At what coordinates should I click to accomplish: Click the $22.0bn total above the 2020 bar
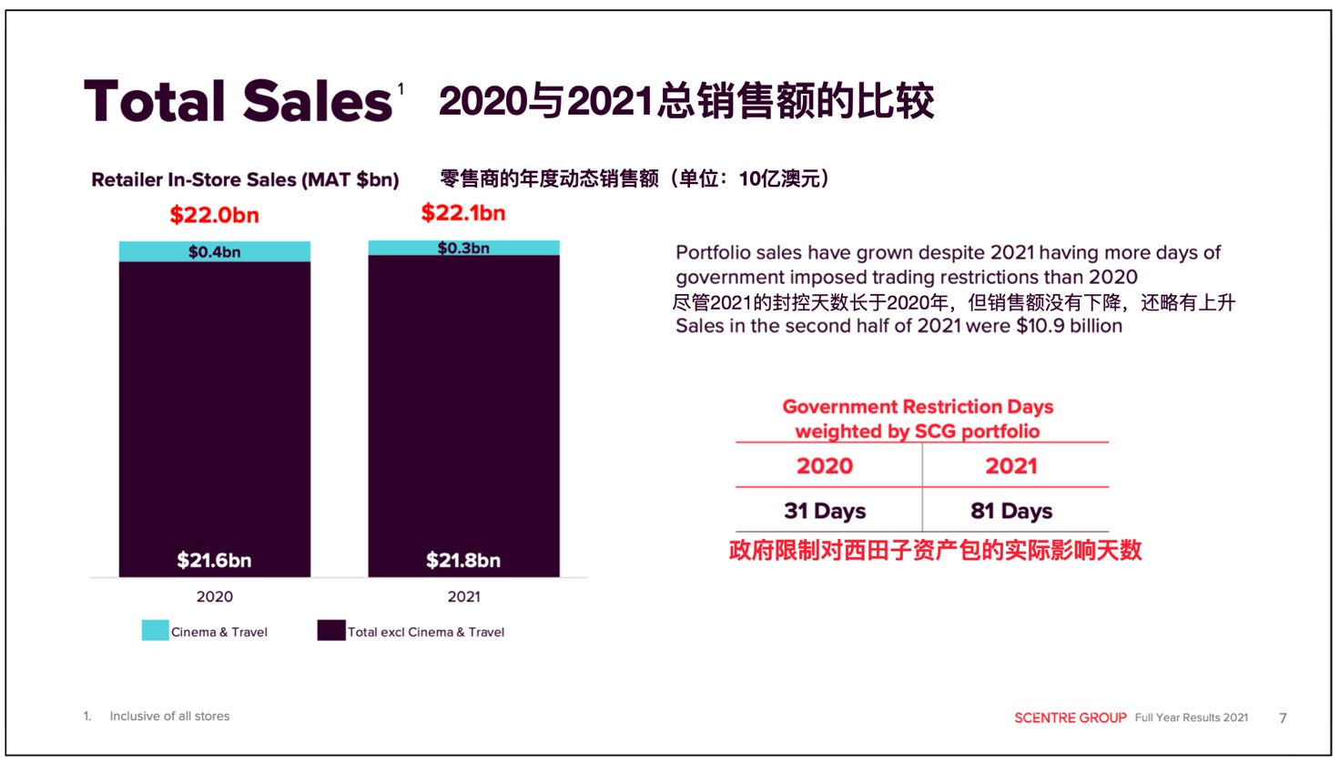pyautogui.click(x=214, y=216)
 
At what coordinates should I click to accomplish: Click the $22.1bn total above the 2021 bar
pyautogui.click(x=462, y=213)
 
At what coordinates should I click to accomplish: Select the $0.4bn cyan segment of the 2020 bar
pyautogui.click(x=214, y=252)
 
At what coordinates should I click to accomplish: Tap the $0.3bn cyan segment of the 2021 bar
pyautogui.click(x=463, y=248)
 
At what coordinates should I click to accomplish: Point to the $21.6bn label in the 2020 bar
pyautogui.click(x=214, y=560)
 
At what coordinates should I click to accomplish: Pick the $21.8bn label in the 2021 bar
pyautogui.click(x=463, y=560)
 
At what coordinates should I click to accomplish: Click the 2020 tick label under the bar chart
pyautogui.click(x=215, y=596)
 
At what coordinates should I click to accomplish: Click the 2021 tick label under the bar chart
pyautogui.click(x=463, y=596)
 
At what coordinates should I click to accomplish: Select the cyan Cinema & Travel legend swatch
pyautogui.click(x=155, y=630)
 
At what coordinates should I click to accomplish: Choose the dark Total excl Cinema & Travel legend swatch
pyautogui.click(x=331, y=630)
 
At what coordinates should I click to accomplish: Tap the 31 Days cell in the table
pyautogui.click(x=825, y=511)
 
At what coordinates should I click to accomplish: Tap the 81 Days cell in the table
pyautogui.click(x=1011, y=511)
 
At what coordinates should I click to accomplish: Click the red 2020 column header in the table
pyautogui.click(x=825, y=466)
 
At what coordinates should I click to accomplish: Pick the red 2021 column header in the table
pyautogui.click(x=1011, y=466)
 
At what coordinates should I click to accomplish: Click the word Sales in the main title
pyautogui.click(x=318, y=101)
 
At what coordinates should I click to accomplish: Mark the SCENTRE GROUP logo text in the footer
pyautogui.click(x=1071, y=717)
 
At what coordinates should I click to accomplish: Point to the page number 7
pyautogui.click(x=1283, y=717)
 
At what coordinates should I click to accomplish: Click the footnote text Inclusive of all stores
pyautogui.click(x=169, y=716)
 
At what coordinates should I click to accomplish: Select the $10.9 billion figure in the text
pyautogui.click(x=1070, y=326)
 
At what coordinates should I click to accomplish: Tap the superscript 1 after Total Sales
pyautogui.click(x=401, y=88)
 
